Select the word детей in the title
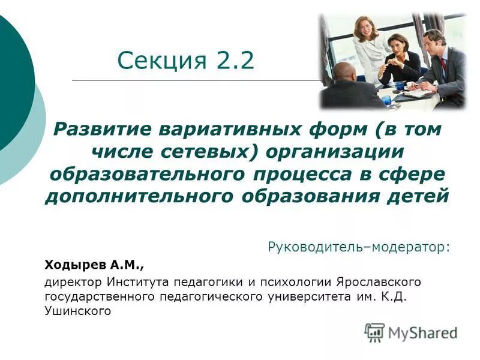point(415,196)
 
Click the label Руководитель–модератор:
point(358,247)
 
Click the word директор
point(73,281)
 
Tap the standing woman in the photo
point(366,45)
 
